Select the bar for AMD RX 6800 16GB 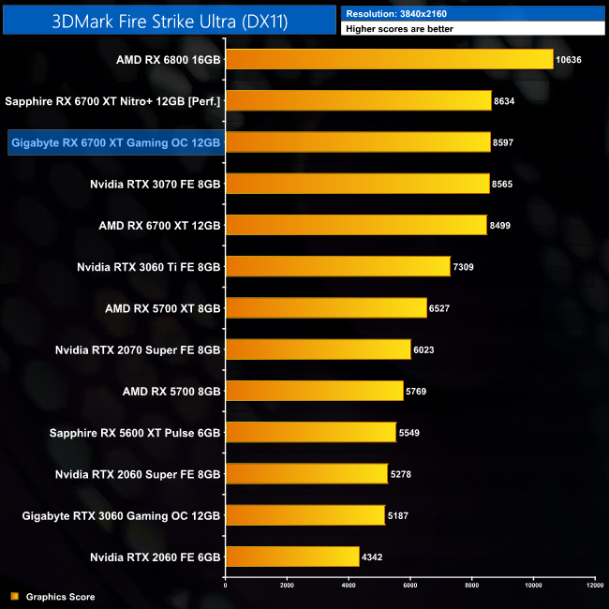tap(390, 60)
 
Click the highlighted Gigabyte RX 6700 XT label tap(115, 142)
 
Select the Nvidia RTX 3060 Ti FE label tap(149, 267)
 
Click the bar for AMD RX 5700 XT tap(326, 308)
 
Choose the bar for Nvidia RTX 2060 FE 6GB tap(292, 557)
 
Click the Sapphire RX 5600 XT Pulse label tap(135, 433)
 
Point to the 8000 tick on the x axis tap(472, 586)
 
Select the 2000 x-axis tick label tap(288, 586)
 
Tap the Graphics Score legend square tap(14, 597)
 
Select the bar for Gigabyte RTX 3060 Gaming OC tap(305, 515)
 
